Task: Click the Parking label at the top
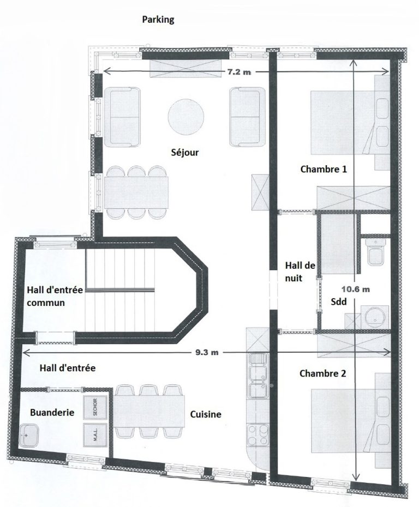[x=158, y=20]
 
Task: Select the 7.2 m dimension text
[x=239, y=72]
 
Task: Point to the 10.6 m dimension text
[x=356, y=289]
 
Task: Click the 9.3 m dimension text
[x=207, y=352]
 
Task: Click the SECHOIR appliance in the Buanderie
[x=95, y=407]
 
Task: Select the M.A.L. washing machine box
[x=95, y=435]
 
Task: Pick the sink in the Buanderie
[x=29, y=436]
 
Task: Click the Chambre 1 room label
[x=324, y=169]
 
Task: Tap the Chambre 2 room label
[x=322, y=373]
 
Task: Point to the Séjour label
[x=185, y=152]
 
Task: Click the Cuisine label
[x=206, y=414]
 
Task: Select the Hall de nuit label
[x=300, y=271]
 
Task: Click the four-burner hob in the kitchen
[x=258, y=435]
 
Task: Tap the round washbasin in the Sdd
[x=375, y=316]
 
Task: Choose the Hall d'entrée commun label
[x=55, y=296]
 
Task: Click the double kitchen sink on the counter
[x=258, y=375]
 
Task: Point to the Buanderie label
[x=52, y=413]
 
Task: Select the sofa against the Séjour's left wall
[x=122, y=117]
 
